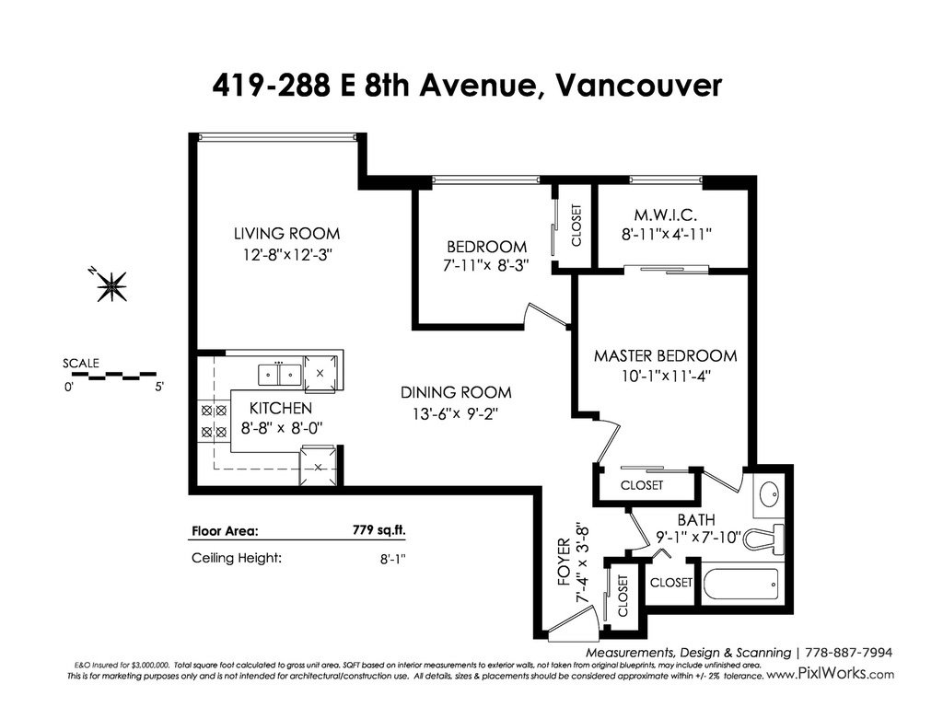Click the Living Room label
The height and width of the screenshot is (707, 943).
pos(287,233)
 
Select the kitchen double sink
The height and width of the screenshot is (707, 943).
pos(280,374)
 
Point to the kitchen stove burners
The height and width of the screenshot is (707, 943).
pos(214,421)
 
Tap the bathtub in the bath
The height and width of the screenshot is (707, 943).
pos(742,583)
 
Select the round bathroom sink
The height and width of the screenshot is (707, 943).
pos(769,496)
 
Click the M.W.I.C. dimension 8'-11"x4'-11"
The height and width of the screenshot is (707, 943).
pos(667,234)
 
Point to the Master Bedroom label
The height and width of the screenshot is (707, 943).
pos(666,355)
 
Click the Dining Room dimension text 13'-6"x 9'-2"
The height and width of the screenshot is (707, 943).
pos(455,413)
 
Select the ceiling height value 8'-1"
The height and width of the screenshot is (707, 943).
pos(392,559)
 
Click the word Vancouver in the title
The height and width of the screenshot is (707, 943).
pos(638,85)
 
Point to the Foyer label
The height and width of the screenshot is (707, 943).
pos(564,562)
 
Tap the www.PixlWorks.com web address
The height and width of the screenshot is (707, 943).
pos(831,674)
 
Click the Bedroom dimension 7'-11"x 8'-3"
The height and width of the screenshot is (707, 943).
pos(485,265)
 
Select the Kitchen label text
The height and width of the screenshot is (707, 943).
pos(281,408)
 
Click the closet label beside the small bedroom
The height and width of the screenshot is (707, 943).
pos(576,226)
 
